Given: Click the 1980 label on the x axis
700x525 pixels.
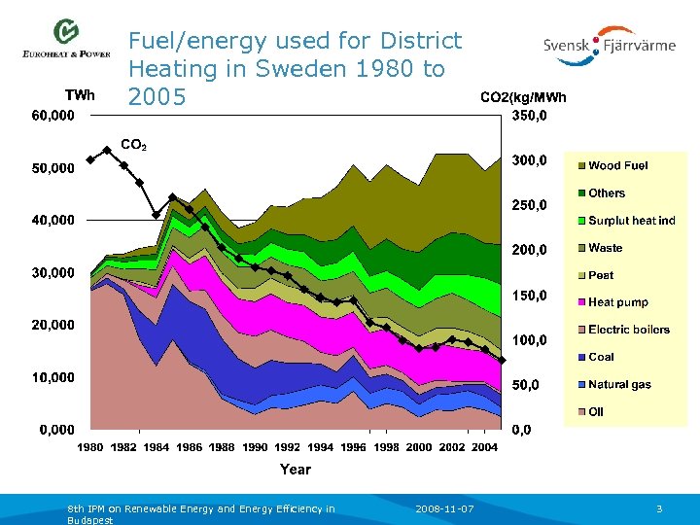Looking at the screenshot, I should (x=90, y=446).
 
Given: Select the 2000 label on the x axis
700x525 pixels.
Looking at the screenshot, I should (x=419, y=446).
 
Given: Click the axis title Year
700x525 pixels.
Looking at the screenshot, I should (x=296, y=469).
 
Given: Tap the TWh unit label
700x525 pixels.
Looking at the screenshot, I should (x=80, y=95).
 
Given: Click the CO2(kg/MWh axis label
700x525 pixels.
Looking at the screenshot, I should (x=523, y=97).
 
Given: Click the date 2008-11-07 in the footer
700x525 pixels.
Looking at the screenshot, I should (x=444, y=508).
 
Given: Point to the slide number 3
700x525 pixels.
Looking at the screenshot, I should (x=659, y=508).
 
